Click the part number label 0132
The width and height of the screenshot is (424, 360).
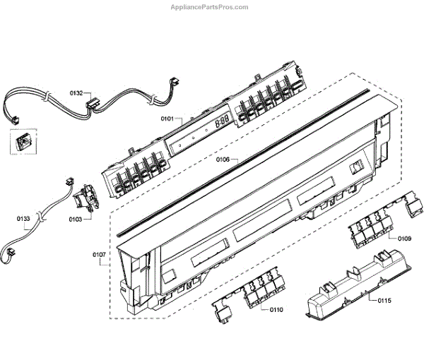(x=76, y=92)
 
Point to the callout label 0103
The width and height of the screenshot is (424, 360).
(x=76, y=220)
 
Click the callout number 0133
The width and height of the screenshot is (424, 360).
(x=23, y=219)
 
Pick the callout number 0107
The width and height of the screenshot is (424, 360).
(x=99, y=254)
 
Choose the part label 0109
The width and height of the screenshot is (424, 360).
(x=405, y=239)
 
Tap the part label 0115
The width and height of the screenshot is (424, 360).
(x=384, y=301)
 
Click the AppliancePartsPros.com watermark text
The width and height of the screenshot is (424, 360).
(x=210, y=7)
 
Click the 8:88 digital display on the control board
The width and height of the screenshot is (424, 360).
(x=221, y=121)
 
